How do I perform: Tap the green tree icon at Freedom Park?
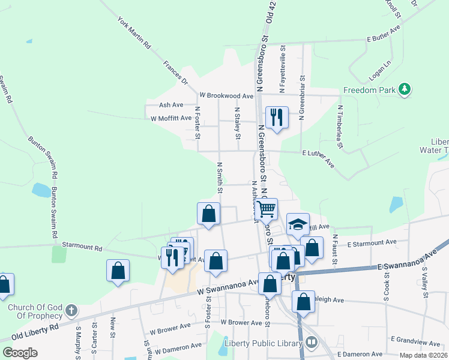405,89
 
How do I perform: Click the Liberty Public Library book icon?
312,343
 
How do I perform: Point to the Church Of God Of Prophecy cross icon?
71,310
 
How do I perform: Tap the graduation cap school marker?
298,224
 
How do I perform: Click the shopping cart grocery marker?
267,209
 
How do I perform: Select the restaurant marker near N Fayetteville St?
277,117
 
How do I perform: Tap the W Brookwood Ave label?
227,96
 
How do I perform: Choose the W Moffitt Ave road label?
171,118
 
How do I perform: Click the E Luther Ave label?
318,159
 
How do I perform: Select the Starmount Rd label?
82,247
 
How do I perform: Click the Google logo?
20,353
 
